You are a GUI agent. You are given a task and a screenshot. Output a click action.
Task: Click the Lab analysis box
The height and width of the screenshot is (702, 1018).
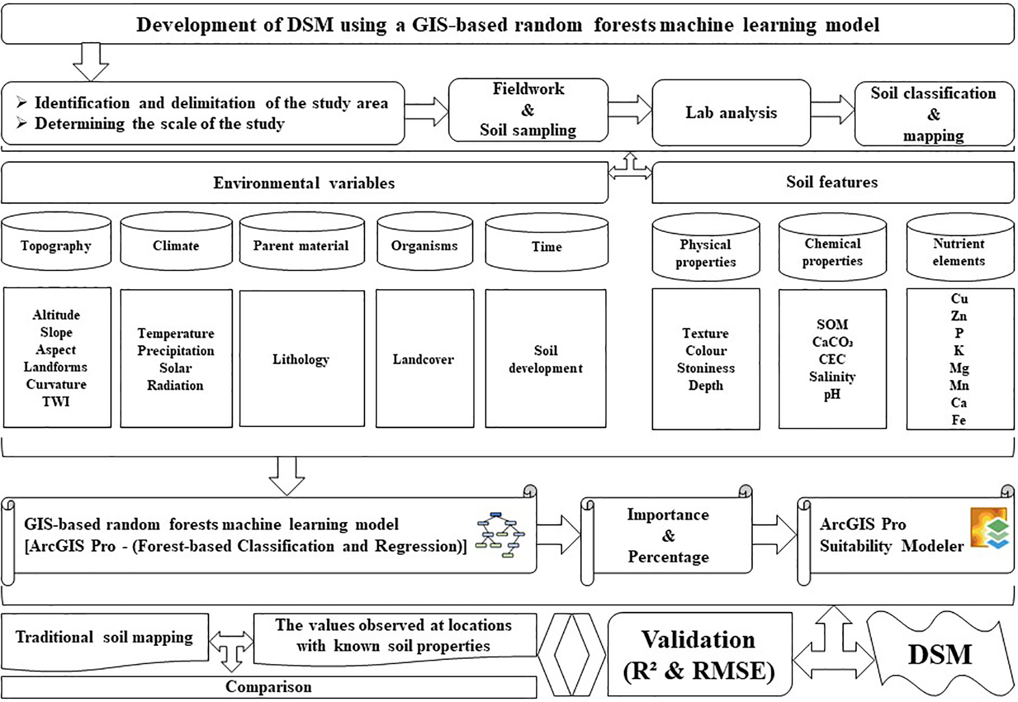(x=731, y=113)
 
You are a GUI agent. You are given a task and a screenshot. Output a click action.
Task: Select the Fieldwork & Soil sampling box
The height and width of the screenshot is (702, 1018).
(x=528, y=110)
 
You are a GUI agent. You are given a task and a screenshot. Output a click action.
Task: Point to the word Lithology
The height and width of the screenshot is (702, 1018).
(x=301, y=359)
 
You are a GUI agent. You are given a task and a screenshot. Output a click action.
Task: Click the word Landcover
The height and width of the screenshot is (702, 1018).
(x=423, y=359)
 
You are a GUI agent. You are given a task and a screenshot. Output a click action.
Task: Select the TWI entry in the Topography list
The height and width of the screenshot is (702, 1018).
(x=56, y=402)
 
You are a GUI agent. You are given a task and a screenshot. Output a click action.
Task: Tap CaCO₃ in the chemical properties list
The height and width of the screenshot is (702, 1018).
(x=832, y=342)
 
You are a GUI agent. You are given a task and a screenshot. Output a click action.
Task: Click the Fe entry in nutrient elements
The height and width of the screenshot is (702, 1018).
(x=959, y=420)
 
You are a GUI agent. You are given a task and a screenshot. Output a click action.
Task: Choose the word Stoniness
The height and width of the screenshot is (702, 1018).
(x=706, y=368)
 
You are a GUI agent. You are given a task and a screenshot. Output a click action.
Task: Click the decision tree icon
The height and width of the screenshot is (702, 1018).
(x=500, y=535)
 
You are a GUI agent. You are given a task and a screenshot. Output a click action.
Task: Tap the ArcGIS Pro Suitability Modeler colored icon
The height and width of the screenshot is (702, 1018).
(x=989, y=528)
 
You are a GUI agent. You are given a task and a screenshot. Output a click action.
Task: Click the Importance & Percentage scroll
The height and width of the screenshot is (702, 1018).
(x=668, y=536)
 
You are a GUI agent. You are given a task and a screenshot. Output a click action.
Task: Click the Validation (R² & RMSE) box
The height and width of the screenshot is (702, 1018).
(x=699, y=655)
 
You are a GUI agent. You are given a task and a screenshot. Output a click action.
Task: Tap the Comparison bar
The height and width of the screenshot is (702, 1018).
(x=268, y=687)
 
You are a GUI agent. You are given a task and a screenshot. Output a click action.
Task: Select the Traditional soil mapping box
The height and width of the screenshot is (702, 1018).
(x=104, y=638)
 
